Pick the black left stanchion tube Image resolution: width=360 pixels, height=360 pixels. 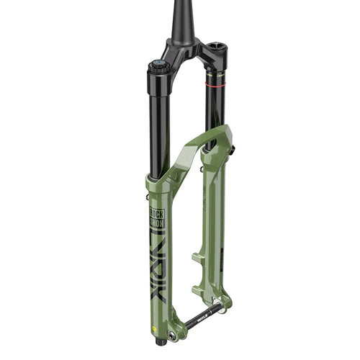click(x=160, y=122)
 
